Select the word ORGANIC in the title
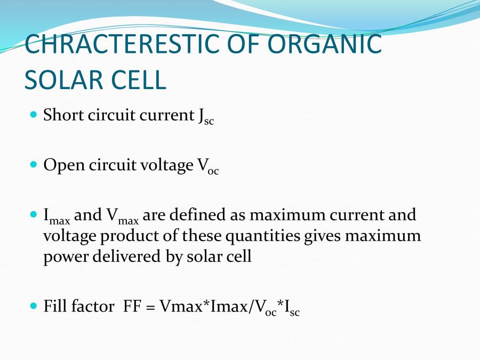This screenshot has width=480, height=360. tap(325, 44)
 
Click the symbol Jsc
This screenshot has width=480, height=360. tap(205, 117)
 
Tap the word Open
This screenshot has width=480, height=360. tap(60, 166)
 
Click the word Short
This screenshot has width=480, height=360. tap(61, 115)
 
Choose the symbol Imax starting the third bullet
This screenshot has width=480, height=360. tap(56, 217)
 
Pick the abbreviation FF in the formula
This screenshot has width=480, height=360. tap(131, 307)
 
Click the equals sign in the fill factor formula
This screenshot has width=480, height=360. tap(150, 307)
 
